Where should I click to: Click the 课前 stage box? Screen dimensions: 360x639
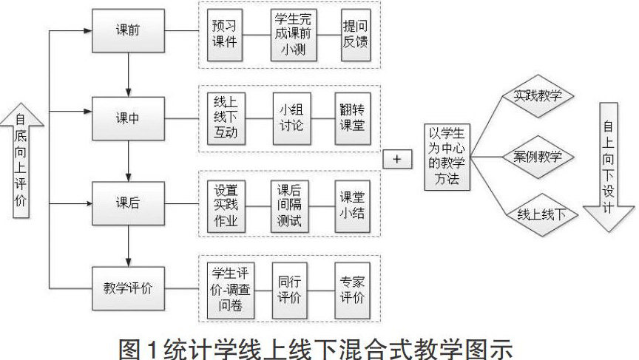pyautogui.click(x=127, y=31)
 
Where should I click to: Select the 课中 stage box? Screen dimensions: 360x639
pyautogui.click(x=127, y=118)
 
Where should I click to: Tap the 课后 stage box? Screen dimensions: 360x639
pyautogui.click(x=127, y=203)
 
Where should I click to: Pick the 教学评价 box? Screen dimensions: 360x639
pyautogui.click(x=127, y=287)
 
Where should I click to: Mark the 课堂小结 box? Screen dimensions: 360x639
pyautogui.click(x=352, y=203)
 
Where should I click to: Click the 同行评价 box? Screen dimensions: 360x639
pyautogui.click(x=288, y=288)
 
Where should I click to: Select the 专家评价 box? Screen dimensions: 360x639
pyautogui.click(x=352, y=288)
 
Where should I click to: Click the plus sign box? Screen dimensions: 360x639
pyautogui.click(x=396, y=159)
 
